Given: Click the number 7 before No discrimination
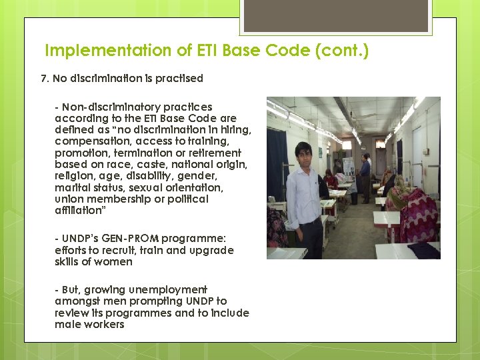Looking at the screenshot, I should (44, 79).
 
